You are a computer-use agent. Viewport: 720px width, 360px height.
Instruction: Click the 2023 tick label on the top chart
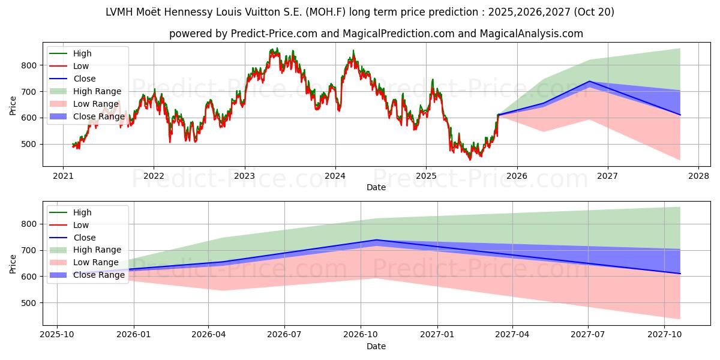tap(244, 176)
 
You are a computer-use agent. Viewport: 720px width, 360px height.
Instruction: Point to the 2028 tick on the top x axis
tap(698, 176)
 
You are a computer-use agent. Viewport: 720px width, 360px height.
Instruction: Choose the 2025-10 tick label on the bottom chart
tap(57, 335)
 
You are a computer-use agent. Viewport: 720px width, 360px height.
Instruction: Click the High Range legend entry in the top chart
tap(97, 91)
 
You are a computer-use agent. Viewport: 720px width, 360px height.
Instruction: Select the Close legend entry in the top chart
tap(84, 79)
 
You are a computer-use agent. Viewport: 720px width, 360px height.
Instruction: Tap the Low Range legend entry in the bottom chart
tap(96, 262)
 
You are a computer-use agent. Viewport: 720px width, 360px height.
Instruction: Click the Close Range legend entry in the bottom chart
tap(98, 275)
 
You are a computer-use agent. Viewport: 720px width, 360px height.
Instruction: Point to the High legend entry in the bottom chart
tap(82, 212)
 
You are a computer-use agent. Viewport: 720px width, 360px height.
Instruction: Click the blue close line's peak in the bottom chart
tap(376, 240)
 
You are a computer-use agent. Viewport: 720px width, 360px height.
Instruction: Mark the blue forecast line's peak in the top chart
tap(589, 82)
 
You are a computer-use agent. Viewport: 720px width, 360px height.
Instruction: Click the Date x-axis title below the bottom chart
tap(376, 346)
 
